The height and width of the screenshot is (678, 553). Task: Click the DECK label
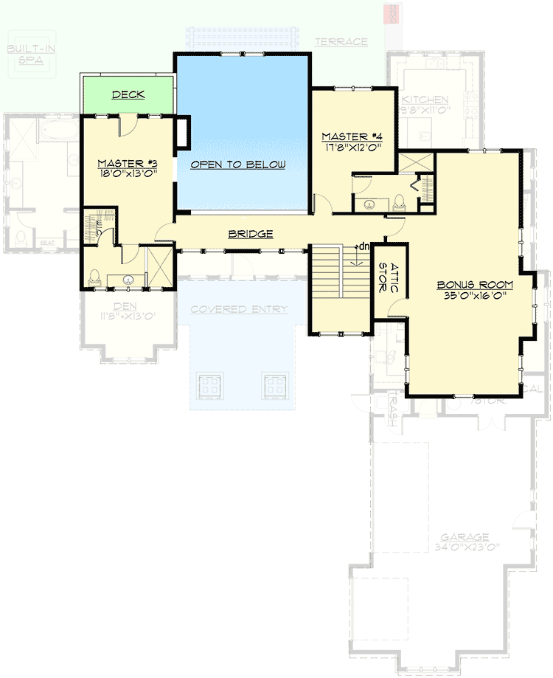(x=128, y=95)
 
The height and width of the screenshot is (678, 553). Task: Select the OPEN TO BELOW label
(x=237, y=165)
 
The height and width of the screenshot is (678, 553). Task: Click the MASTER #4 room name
(x=349, y=136)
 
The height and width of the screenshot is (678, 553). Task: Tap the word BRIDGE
(x=250, y=234)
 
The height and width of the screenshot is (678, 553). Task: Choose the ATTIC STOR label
(x=388, y=278)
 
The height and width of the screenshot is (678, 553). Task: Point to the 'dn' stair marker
(x=362, y=246)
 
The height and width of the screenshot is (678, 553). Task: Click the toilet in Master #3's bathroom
(x=94, y=277)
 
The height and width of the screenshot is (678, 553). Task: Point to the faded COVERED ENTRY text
(x=238, y=309)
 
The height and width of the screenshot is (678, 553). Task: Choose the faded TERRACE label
(x=341, y=42)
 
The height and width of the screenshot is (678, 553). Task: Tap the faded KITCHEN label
(x=423, y=100)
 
